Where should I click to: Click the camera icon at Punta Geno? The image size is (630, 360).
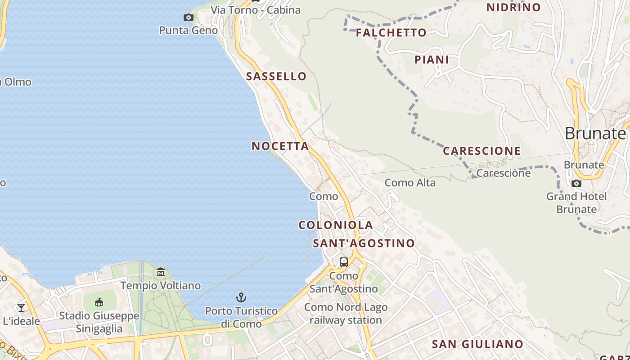point(189,18)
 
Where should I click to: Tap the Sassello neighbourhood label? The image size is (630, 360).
point(276,76)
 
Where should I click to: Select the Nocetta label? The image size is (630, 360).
point(280,146)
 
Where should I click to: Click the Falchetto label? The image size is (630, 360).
point(391,32)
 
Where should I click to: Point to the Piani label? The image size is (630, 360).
point(432,59)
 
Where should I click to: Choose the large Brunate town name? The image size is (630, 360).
point(595,133)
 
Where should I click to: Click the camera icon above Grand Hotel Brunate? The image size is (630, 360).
point(576,183)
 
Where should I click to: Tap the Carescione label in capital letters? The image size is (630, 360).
point(481,151)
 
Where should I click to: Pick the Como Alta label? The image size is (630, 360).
point(410,183)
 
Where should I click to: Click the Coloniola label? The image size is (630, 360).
point(336,225)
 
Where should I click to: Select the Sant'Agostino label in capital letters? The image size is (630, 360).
point(364,243)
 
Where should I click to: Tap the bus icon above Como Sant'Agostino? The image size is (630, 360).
point(344,262)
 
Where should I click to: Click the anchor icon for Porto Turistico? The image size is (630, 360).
point(241,297)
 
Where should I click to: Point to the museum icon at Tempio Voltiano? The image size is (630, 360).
point(161,272)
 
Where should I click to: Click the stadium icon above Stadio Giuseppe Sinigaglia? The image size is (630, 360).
point(99,302)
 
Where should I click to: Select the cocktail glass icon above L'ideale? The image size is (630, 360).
point(21,308)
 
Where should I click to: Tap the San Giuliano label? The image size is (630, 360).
point(477,344)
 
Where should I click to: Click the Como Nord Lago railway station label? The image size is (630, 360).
point(346,314)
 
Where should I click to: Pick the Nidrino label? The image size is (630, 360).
point(513,7)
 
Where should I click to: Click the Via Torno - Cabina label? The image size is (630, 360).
point(256,10)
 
